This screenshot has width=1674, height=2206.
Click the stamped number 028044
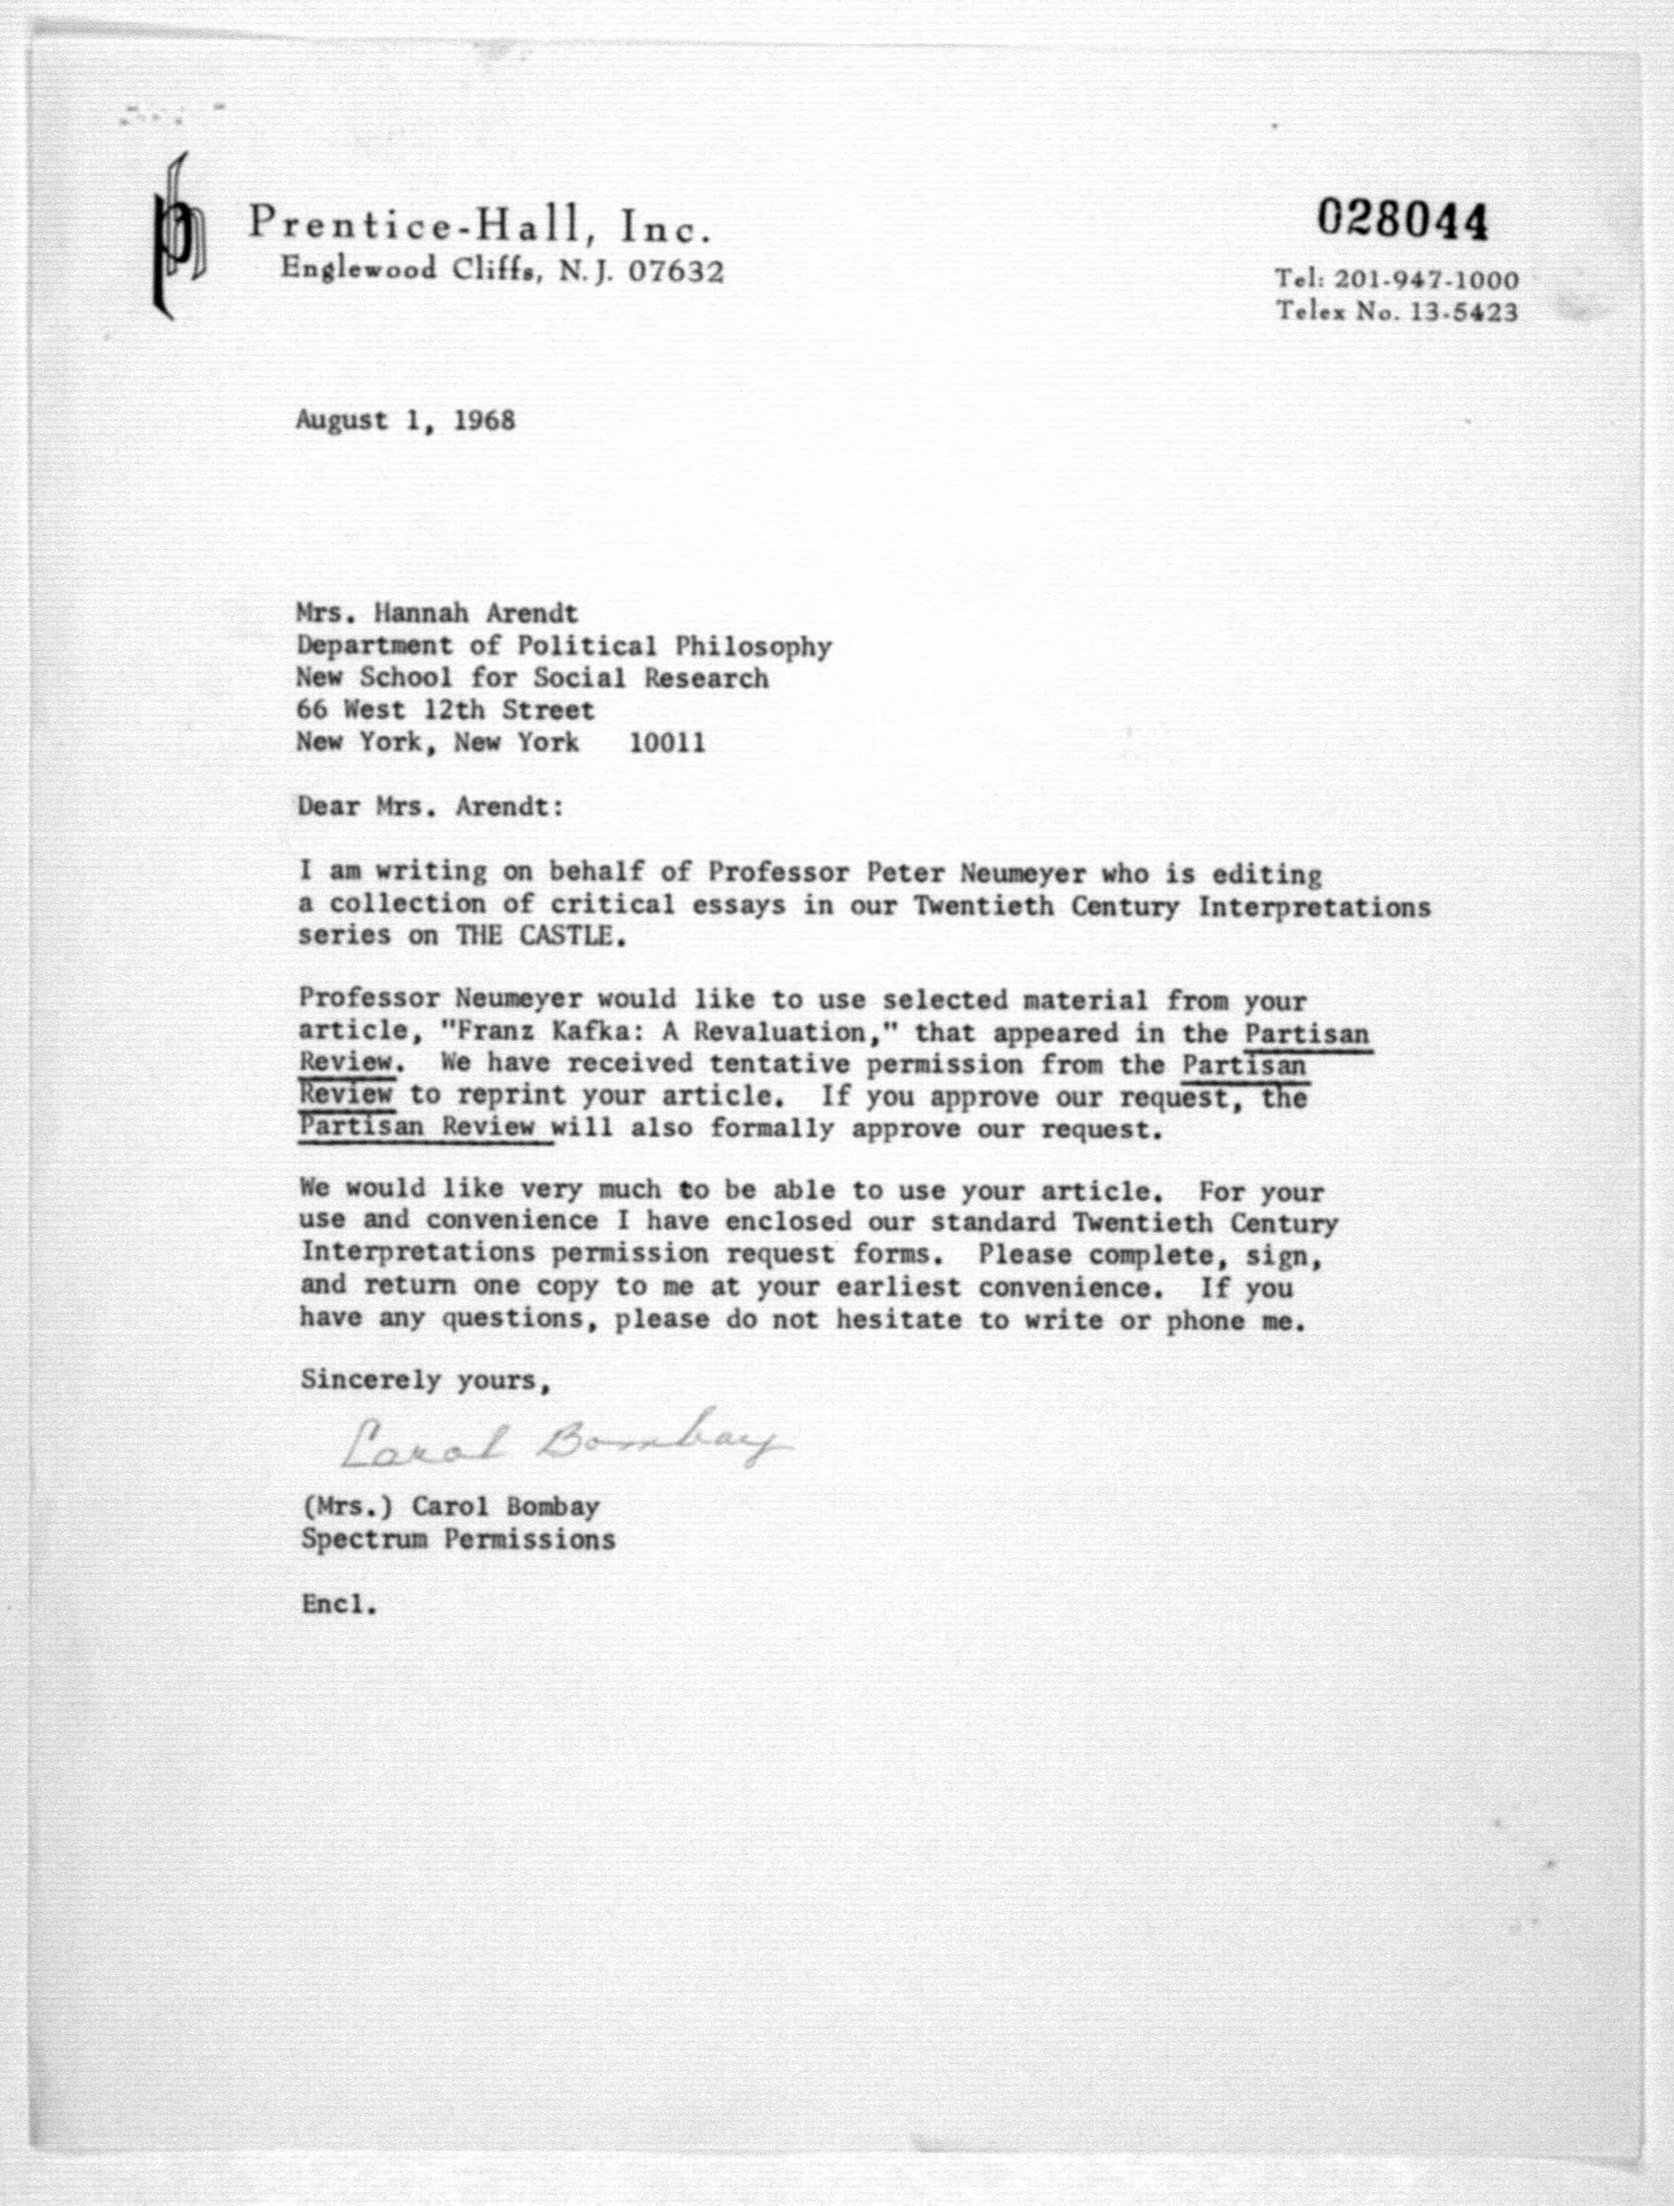(1402, 220)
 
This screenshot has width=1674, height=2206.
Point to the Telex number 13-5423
(1463, 312)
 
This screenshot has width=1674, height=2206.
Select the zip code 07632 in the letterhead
(676, 272)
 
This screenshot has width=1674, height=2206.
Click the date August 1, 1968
(405, 420)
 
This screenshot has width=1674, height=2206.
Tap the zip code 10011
(666, 743)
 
